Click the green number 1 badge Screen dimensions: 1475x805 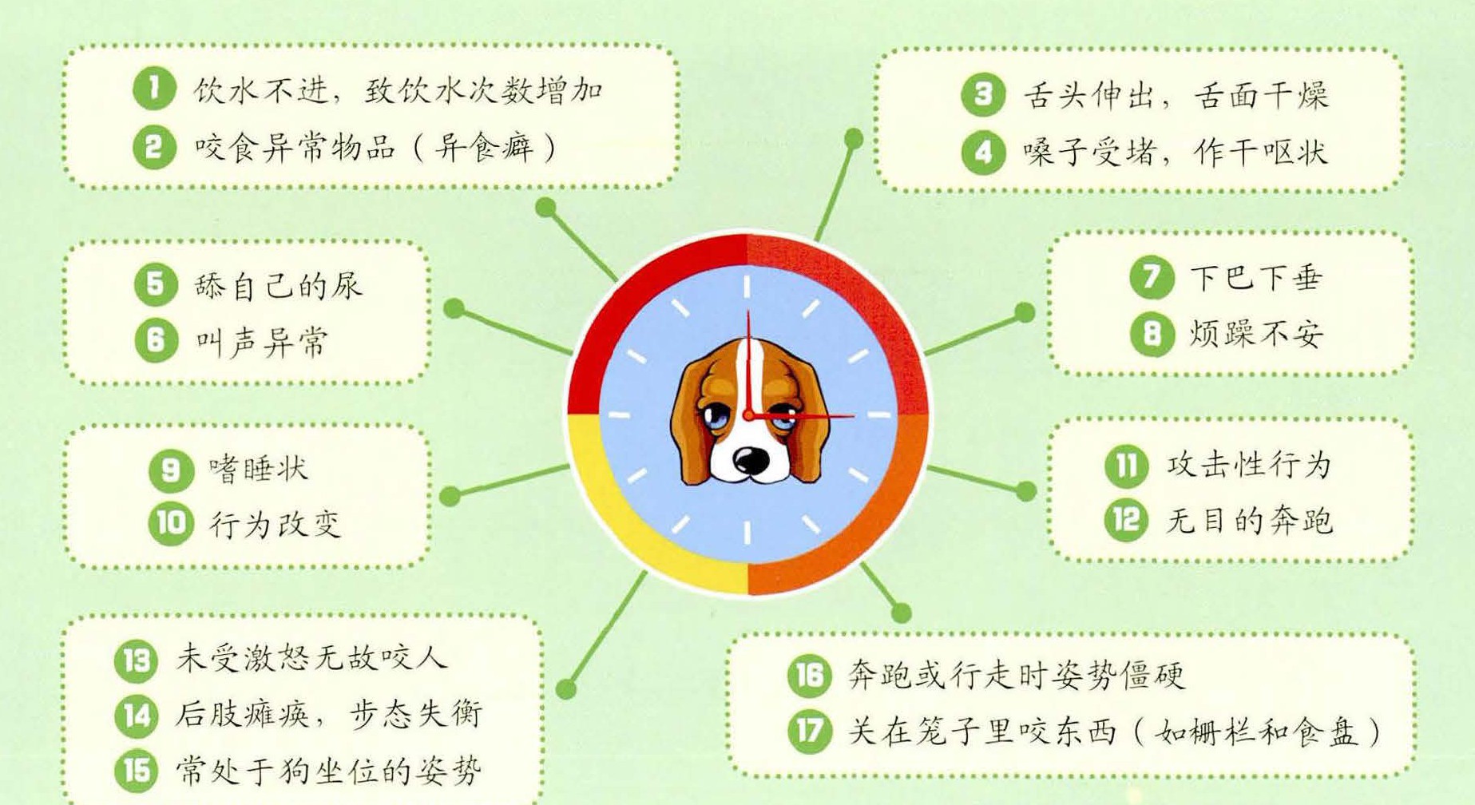tap(154, 88)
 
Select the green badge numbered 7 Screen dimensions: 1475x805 tap(1152, 277)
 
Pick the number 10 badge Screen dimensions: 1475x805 tap(171, 524)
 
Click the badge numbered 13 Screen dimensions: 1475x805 tap(136, 660)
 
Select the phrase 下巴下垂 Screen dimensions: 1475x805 tap(1256, 278)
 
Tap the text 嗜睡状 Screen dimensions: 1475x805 tap(259, 469)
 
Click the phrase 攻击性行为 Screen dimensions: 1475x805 tap(1249, 465)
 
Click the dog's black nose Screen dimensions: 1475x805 tap(751, 459)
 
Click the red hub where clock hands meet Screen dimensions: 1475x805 tap(748, 415)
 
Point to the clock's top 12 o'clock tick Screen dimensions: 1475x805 tap(747, 287)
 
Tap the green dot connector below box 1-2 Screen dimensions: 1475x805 tap(545, 208)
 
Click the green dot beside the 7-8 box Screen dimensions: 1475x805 tap(1025, 313)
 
